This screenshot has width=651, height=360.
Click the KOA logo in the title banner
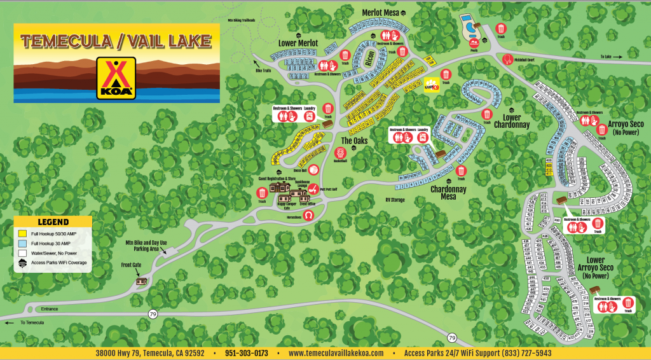(x=116, y=79)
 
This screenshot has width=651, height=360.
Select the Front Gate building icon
(x=142, y=280)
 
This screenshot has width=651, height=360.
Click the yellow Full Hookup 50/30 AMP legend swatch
(x=22, y=233)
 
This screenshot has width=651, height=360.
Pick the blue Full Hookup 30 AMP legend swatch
(x=22, y=242)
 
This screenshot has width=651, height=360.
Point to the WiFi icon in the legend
(x=22, y=262)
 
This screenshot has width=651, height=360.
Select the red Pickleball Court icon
(x=507, y=59)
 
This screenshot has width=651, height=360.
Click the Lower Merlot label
(x=298, y=43)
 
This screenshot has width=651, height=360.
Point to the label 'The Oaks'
(x=355, y=141)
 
